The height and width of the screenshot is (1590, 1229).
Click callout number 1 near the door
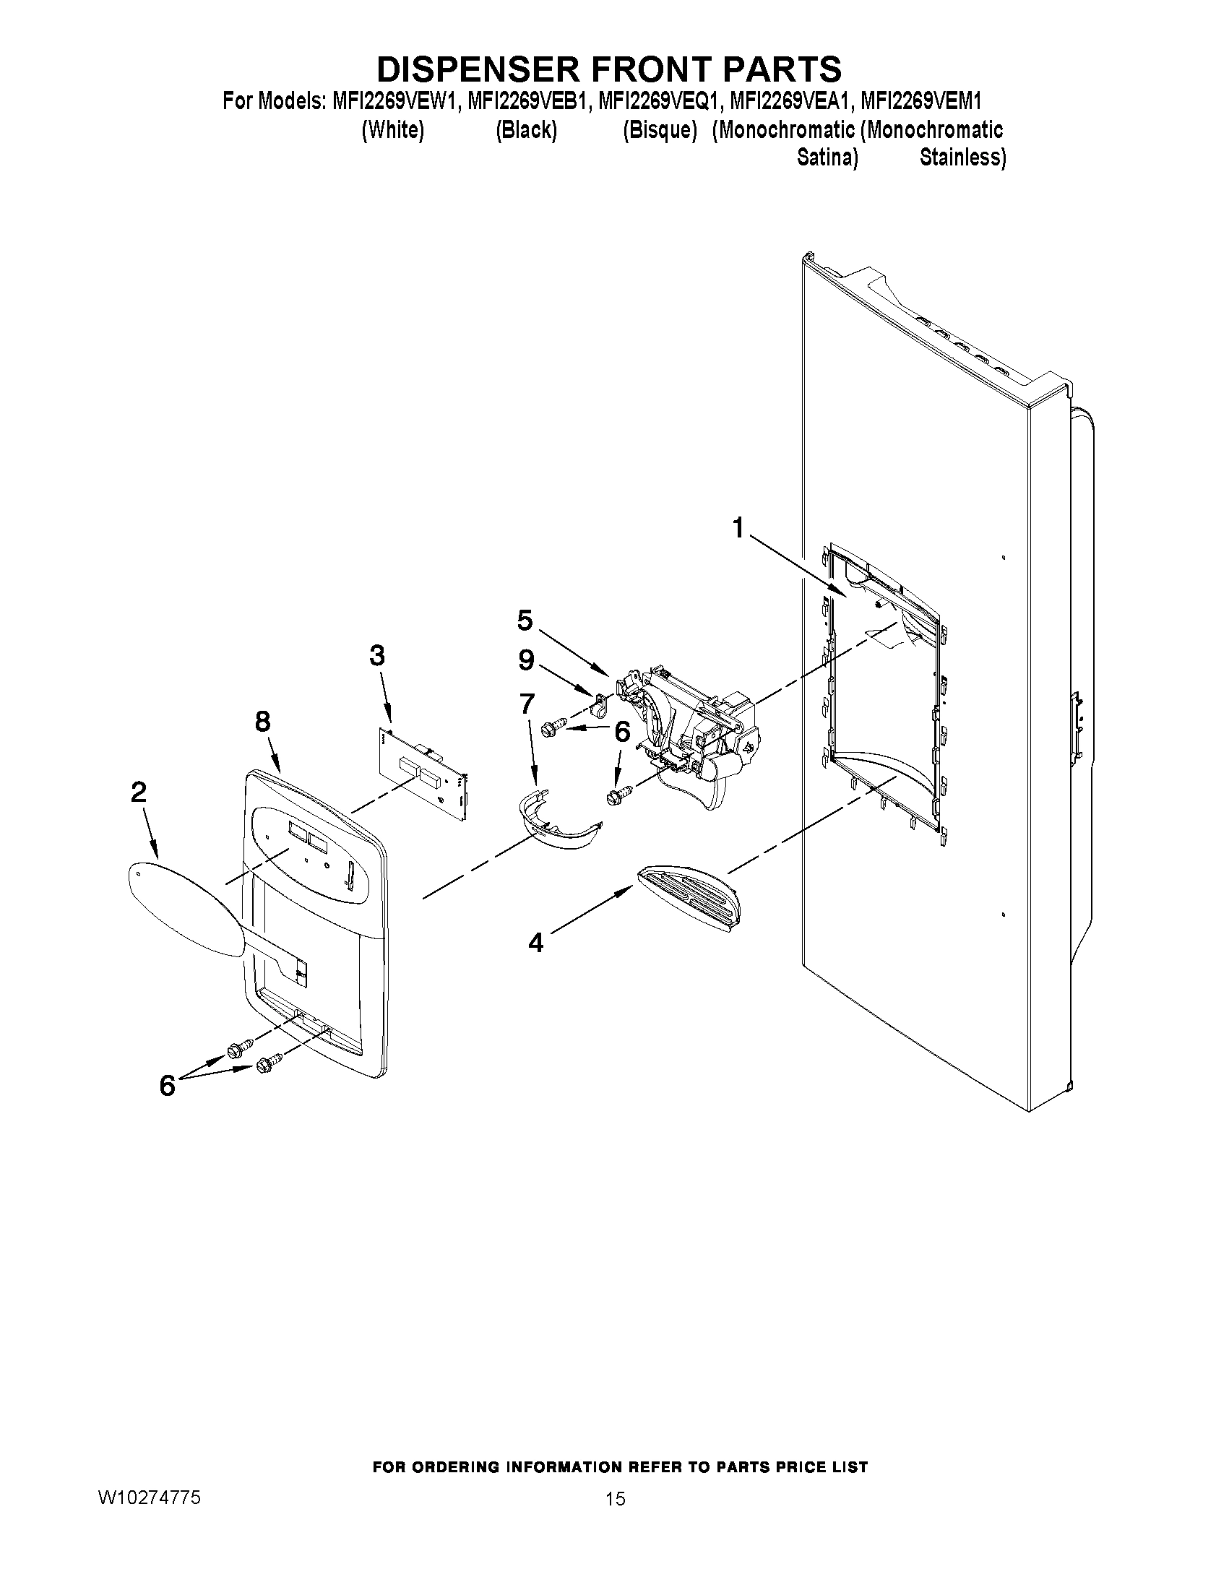tap(738, 527)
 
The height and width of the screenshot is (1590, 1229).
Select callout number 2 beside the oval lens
tap(138, 791)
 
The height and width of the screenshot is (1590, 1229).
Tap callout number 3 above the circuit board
tap(376, 655)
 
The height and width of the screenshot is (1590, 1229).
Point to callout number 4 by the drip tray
tap(535, 943)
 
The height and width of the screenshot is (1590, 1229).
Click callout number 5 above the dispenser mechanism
tap(525, 621)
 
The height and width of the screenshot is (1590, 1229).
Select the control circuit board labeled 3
tap(422, 773)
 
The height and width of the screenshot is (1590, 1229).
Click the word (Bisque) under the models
tap(660, 130)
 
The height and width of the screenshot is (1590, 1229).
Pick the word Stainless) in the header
tap(962, 157)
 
